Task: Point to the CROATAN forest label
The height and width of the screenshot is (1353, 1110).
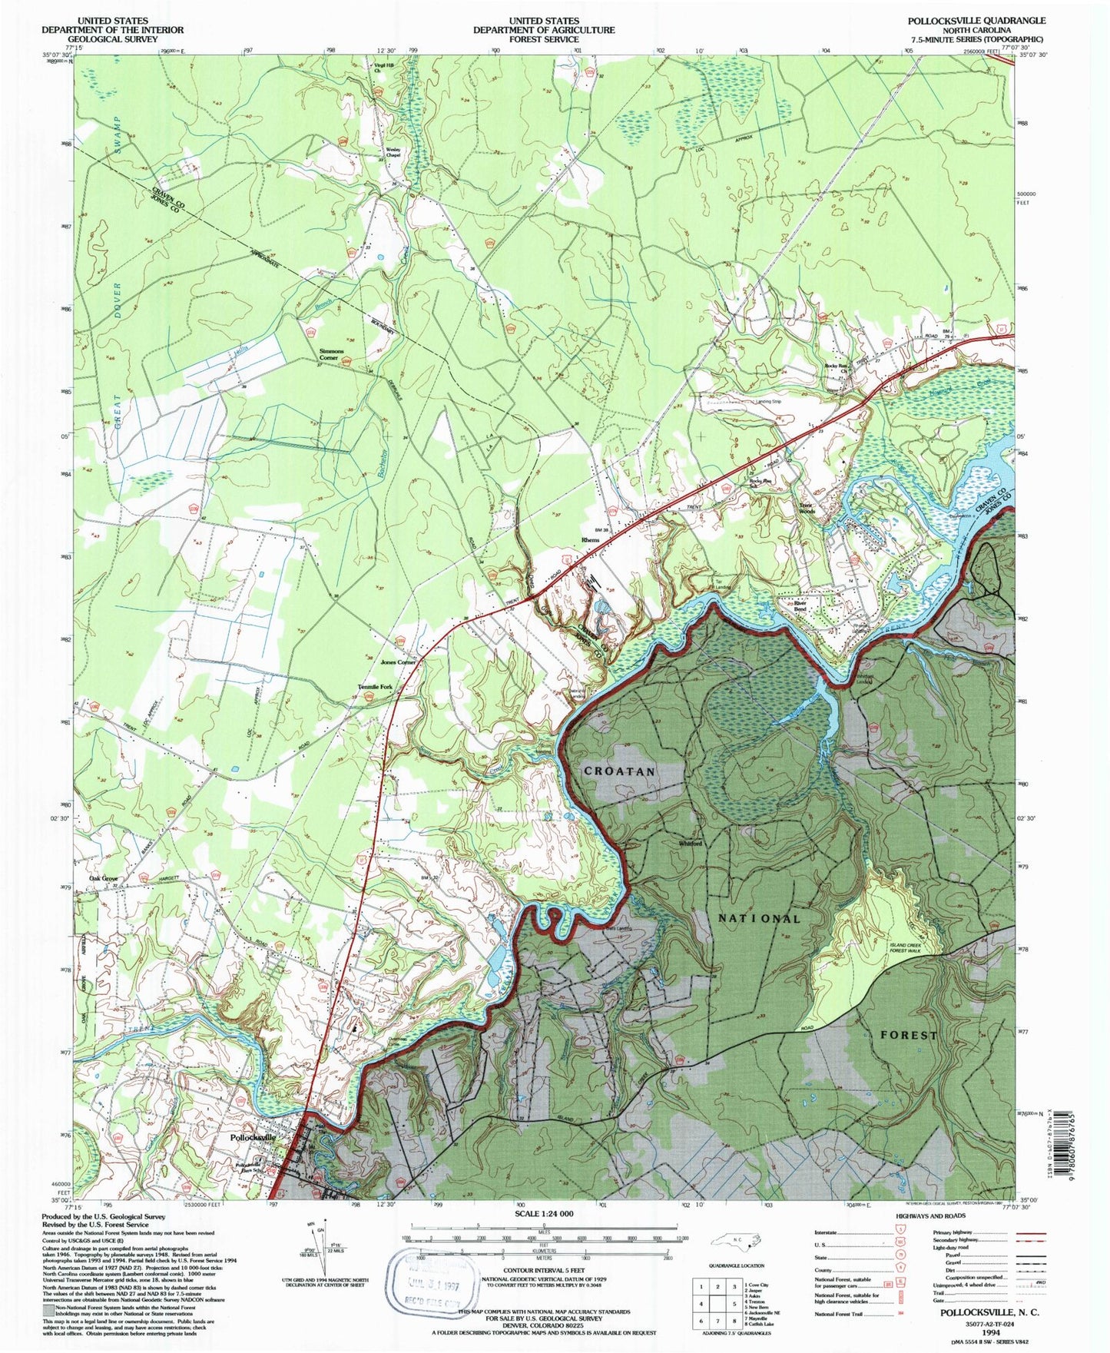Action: click(619, 771)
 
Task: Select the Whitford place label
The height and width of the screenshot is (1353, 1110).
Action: click(691, 844)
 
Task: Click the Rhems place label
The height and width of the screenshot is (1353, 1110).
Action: click(590, 540)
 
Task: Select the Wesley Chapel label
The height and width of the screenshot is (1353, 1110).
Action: click(393, 152)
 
